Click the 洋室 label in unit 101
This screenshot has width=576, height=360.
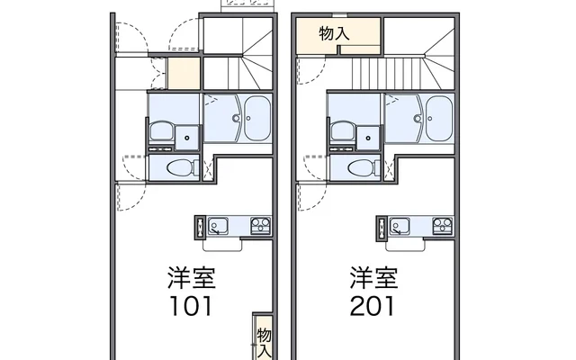pyautogui.click(x=192, y=278)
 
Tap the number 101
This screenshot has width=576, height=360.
pyautogui.click(x=191, y=306)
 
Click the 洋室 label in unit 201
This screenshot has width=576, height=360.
pyautogui.click(x=373, y=278)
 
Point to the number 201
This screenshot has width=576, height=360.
pyautogui.click(x=372, y=306)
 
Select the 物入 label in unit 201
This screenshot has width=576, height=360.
pyautogui.click(x=334, y=34)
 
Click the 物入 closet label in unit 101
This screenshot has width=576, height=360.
pyautogui.click(x=264, y=343)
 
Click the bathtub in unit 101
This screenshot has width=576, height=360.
pyautogui.click(x=257, y=118)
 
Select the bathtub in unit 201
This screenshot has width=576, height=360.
pyautogui.click(x=438, y=118)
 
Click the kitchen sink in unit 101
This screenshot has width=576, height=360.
pyautogui.click(x=218, y=226)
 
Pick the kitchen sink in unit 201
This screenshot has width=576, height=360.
pyautogui.click(x=400, y=226)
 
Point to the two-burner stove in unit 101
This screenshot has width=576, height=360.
pyautogui.click(x=260, y=226)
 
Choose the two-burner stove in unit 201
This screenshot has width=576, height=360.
pyautogui.click(x=442, y=226)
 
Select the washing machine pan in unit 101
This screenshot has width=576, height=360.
pyautogui.click(x=187, y=138)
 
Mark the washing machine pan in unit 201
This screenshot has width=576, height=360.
pyautogui.click(x=368, y=138)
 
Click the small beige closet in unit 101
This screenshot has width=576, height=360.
pyautogui.click(x=184, y=73)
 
